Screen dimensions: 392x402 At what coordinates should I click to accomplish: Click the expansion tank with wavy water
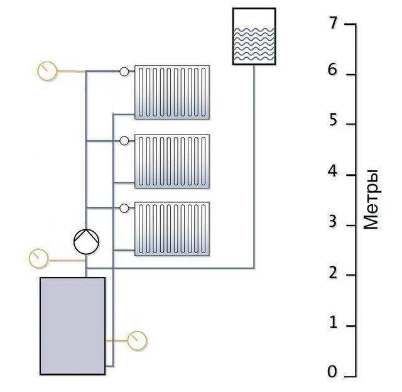coord(254,36)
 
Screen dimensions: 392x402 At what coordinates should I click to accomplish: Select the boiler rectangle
coord(72,325)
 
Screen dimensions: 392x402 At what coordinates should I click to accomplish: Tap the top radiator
coord(171,92)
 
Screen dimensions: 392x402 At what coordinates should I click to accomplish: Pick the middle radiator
coord(171,161)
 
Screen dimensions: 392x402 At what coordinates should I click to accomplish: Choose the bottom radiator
coord(171,229)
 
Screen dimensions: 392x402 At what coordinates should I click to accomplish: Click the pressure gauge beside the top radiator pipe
coord(46,70)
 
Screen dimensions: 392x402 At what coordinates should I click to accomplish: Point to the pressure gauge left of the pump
coord(39,258)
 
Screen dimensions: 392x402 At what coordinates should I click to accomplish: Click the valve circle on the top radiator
coord(124,72)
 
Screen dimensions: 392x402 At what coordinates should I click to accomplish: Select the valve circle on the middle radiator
coord(124,140)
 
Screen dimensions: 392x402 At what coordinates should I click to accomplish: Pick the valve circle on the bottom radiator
coord(124,208)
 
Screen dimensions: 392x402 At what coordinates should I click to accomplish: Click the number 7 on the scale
coord(333,23)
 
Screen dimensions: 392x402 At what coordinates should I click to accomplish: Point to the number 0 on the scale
coord(333,373)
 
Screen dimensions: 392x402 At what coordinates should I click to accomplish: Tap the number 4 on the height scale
coord(333,171)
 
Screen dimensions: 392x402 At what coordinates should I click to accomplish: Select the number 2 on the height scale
coord(333,273)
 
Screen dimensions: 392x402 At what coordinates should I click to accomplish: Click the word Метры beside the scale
coord(371,199)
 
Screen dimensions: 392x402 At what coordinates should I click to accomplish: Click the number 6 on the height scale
coord(333,72)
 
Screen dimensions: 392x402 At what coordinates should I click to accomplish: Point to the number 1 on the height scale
coord(333,323)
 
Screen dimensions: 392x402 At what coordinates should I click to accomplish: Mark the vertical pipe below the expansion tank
coord(254,163)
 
